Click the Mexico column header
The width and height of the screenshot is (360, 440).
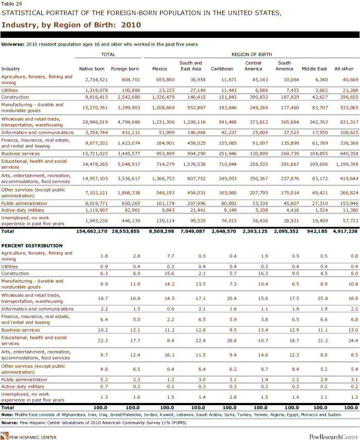coord(160,69)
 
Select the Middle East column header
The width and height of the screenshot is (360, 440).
coord(314,69)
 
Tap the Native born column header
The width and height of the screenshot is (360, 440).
coord(92,69)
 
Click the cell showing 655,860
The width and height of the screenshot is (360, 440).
coord(165,80)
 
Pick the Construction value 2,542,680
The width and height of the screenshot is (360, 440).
coord(129,97)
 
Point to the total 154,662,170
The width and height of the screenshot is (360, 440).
coord(92,231)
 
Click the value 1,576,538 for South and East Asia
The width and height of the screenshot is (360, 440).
coord(194,164)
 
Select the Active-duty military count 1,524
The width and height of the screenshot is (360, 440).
coord(322,210)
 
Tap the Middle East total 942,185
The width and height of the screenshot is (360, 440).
coord(317,231)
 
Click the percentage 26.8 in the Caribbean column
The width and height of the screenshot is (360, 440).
coord(232,341)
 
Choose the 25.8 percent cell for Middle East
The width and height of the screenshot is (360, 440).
coord(323,298)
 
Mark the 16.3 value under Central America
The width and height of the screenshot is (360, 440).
coord(263,273)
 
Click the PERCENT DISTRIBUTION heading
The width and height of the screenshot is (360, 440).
coord(32,245)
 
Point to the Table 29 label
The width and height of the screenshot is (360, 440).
coord(12,3)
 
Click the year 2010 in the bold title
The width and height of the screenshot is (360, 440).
coord(131,25)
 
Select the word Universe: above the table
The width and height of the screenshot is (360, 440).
coord(13,44)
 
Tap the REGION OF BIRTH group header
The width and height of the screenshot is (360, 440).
coord(251,54)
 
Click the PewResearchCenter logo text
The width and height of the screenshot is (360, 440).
coord(333,437)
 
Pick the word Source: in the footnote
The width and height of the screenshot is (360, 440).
coord(9,423)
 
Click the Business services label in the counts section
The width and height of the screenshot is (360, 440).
coord(21,154)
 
